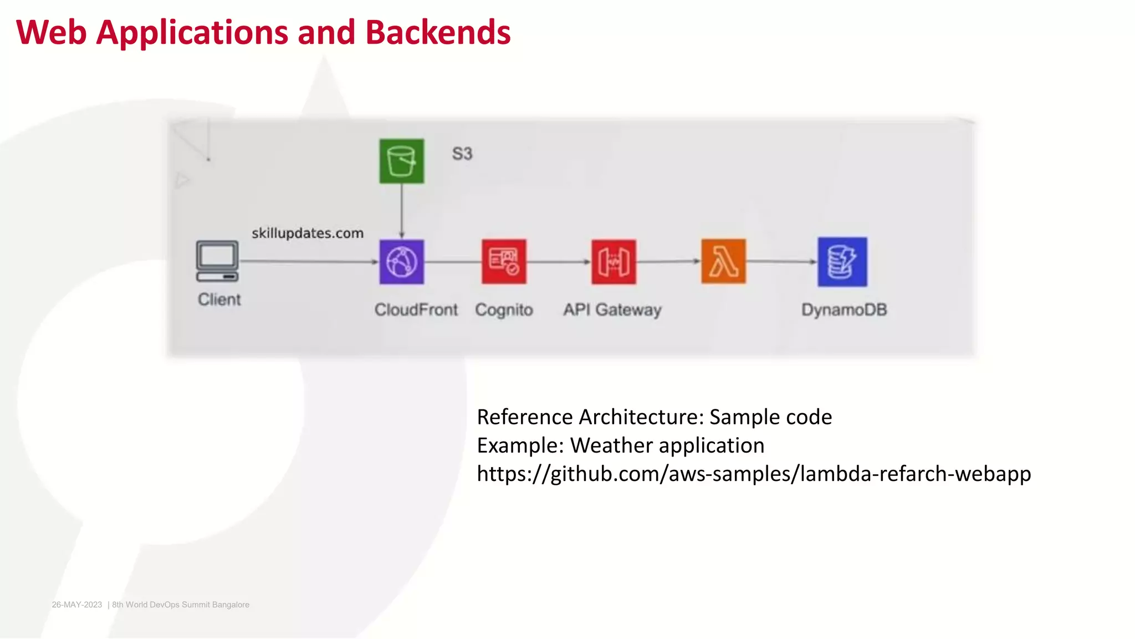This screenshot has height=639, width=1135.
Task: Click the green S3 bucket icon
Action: pyautogui.click(x=401, y=161)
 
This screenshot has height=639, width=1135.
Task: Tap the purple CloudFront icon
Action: pyautogui.click(x=401, y=262)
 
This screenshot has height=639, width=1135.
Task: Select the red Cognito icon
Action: pyautogui.click(x=504, y=262)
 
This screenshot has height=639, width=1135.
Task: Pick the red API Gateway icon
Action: pyautogui.click(x=613, y=262)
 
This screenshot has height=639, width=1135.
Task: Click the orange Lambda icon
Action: pyautogui.click(x=723, y=261)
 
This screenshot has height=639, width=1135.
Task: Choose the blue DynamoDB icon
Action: pyautogui.click(x=842, y=262)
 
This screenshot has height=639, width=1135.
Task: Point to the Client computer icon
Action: pyautogui.click(x=217, y=261)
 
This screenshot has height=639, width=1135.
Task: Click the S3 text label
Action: pyautogui.click(x=462, y=154)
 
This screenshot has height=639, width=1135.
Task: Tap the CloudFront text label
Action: pyautogui.click(x=416, y=310)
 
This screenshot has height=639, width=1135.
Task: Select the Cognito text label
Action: pyautogui.click(x=504, y=310)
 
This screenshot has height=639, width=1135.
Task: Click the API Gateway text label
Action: pyautogui.click(x=612, y=310)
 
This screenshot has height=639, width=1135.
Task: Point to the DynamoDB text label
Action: pyautogui.click(x=844, y=310)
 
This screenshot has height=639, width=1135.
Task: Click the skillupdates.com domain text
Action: pyautogui.click(x=308, y=233)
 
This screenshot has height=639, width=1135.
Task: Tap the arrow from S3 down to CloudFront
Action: pyautogui.click(x=402, y=211)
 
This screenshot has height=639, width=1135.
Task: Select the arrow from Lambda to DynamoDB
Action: pyautogui.click(x=781, y=261)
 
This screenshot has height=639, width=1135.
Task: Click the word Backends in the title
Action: pyautogui.click(x=438, y=32)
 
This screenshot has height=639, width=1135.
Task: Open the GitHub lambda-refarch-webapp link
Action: pyautogui.click(x=754, y=474)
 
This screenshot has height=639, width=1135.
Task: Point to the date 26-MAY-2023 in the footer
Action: pyautogui.click(x=77, y=605)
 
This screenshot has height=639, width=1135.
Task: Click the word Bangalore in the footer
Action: pyautogui.click(x=231, y=605)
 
